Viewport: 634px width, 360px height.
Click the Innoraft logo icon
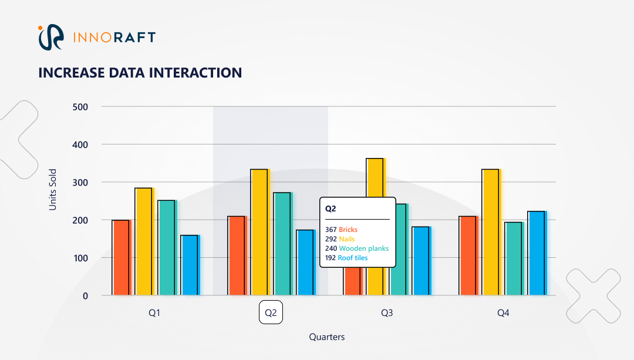[50, 37]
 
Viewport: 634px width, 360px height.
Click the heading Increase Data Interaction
[140, 72]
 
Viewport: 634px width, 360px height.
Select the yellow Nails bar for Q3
[375, 177]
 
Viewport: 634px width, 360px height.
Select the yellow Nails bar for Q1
[144, 241]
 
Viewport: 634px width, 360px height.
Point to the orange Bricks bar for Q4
[468, 255]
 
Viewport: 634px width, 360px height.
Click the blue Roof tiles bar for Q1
[190, 265]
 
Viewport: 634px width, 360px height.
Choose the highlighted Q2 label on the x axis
[271, 313]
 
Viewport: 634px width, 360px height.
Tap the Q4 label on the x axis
[503, 313]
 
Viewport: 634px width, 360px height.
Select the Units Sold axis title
[53, 190]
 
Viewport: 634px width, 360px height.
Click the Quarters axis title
[327, 337]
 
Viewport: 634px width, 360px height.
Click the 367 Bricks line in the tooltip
[341, 230]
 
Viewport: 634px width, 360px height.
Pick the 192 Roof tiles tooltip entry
[346, 258]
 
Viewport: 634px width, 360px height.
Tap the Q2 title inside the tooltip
[331, 208]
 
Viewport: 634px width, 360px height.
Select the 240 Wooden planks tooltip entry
[356, 248]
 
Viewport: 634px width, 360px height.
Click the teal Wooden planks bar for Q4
[514, 258]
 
